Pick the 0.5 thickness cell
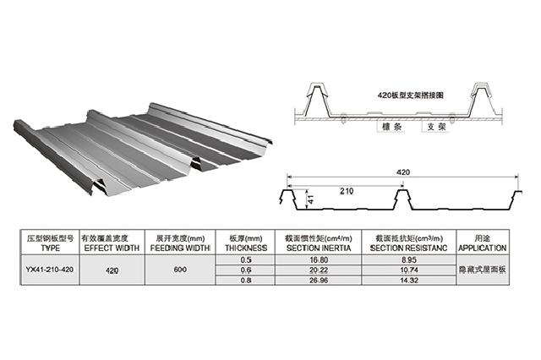(x=247, y=260)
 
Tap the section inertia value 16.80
(x=320, y=260)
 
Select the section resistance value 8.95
(x=408, y=260)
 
